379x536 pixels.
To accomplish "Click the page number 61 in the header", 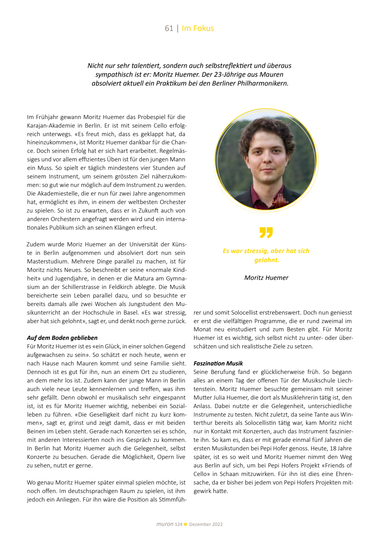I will tap(169, 28).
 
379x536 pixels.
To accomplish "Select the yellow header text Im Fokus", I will tap(198, 28).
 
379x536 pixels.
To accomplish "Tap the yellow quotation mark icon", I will tap(266, 232).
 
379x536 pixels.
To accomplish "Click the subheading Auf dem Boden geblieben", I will tap(62, 338).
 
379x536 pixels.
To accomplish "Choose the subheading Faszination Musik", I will tap(218, 364).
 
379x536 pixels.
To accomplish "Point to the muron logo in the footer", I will tap(165, 524).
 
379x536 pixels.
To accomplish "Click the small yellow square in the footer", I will tap(186, 524).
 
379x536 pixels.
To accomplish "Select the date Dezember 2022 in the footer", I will tap(206, 524).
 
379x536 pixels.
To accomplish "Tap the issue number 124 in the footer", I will tap(178, 524).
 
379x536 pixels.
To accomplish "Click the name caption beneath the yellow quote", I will tap(266, 278).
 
